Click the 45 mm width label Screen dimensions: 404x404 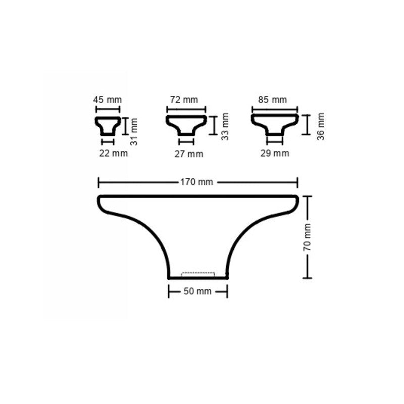click(107, 99)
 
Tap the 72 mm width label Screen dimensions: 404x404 click(184, 99)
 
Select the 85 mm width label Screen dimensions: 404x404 click(272, 99)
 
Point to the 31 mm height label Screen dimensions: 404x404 click(134, 132)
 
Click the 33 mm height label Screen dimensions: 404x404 click(225, 127)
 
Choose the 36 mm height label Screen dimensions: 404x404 click(321, 127)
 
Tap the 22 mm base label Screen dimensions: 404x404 click(113, 154)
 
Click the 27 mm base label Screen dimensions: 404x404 click(189, 154)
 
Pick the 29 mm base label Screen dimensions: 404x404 click(275, 154)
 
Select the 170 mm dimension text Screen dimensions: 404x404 click(196, 182)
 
